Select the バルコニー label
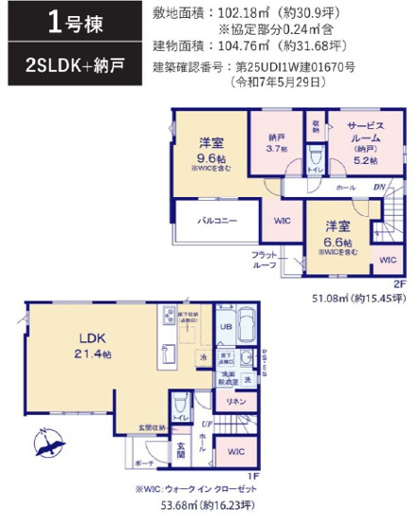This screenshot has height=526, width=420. [x=217, y=220]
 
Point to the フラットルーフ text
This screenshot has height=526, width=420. [x=264, y=261]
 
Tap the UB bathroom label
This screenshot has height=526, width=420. [x=226, y=327]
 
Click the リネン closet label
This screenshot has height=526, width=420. [x=236, y=402]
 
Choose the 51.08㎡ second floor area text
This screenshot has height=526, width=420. [x=353, y=299]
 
